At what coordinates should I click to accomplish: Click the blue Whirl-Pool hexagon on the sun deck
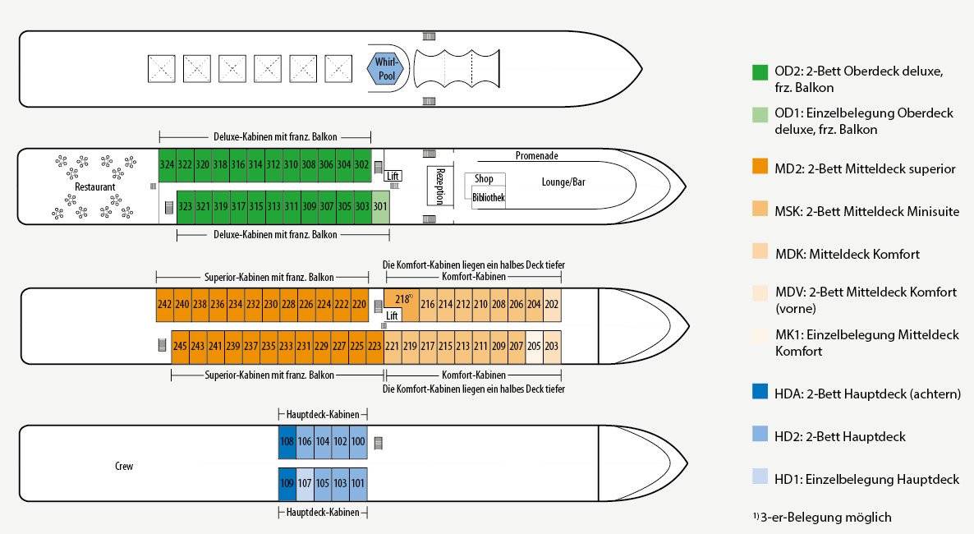coord(385,68)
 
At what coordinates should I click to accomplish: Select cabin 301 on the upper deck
coord(380,206)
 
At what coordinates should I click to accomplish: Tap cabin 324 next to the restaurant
coord(167,165)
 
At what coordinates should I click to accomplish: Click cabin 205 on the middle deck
coord(534,346)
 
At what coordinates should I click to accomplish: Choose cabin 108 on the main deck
coord(287,442)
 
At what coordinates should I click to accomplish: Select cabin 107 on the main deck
coord(305,484)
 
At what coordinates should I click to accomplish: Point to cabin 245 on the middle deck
coord(180,346)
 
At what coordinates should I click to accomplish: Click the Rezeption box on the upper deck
coord(440,185)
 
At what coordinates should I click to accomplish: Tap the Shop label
coord(484,179)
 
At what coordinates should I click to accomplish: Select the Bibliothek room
coord(489,198)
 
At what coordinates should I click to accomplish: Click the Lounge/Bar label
coord(563,182)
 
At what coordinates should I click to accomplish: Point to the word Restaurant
coord(95,187)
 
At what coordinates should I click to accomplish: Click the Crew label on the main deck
coord(124,467)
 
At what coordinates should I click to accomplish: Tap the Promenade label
coord(537,156)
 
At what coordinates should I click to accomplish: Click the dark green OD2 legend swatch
coord(760,72)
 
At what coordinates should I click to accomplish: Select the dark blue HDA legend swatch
coord(760,391)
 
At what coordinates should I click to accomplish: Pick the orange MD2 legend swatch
coord(760,166)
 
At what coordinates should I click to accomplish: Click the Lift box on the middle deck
coord(392,315)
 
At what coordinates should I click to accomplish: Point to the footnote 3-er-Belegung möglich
coord(822,518)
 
